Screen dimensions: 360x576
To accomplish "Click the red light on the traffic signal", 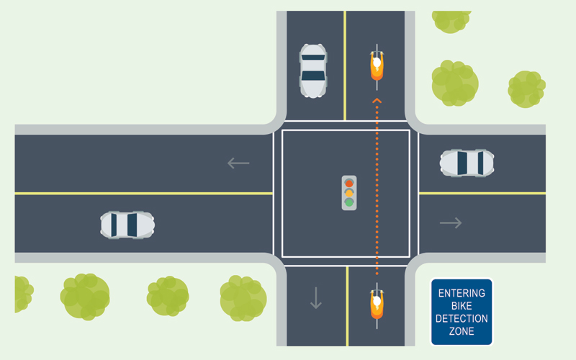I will click(349, 183).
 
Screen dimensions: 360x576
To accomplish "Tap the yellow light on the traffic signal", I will click(349, 193).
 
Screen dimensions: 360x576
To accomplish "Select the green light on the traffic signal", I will click(349, 203).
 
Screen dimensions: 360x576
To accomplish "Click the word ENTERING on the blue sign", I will click(462, 294).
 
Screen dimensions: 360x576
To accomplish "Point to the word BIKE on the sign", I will click(462, 306).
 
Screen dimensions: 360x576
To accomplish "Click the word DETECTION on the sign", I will click(462, 318).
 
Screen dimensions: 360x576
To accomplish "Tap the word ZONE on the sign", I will click(462, 331).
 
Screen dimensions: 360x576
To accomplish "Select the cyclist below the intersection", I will click(377, 304).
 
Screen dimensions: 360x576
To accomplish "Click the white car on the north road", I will click(312, 71).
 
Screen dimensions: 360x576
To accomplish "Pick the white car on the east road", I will click(467, 163).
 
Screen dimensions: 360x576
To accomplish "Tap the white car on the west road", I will click(127, 225).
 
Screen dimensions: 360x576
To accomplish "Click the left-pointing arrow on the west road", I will click(238, 163).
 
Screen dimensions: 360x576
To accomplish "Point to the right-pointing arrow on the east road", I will click(451, 223).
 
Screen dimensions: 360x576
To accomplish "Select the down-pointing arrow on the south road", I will click(316, 297).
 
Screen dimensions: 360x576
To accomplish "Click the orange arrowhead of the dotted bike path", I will click(376, 101).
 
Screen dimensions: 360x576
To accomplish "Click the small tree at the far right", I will click(526, 89).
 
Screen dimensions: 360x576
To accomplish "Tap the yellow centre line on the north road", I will click(345, 65).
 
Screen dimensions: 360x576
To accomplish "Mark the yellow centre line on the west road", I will click(144, 193).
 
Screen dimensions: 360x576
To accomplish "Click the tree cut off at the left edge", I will click(22, 294).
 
